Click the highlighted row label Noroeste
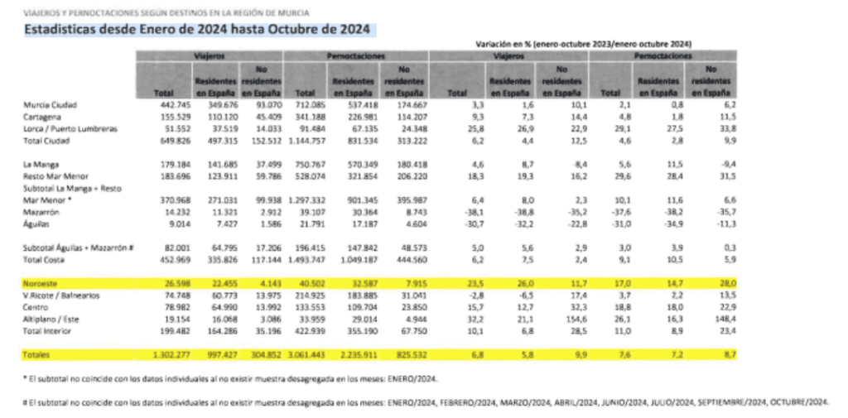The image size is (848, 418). click(x=42, y=283)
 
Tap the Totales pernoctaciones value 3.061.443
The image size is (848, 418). click(x=301, y=354)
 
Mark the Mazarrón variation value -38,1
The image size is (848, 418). click(x=460, y=211)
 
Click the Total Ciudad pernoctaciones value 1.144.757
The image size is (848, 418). click(x=301, y=142)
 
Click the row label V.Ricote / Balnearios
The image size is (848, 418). click(x=60, y=294)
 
